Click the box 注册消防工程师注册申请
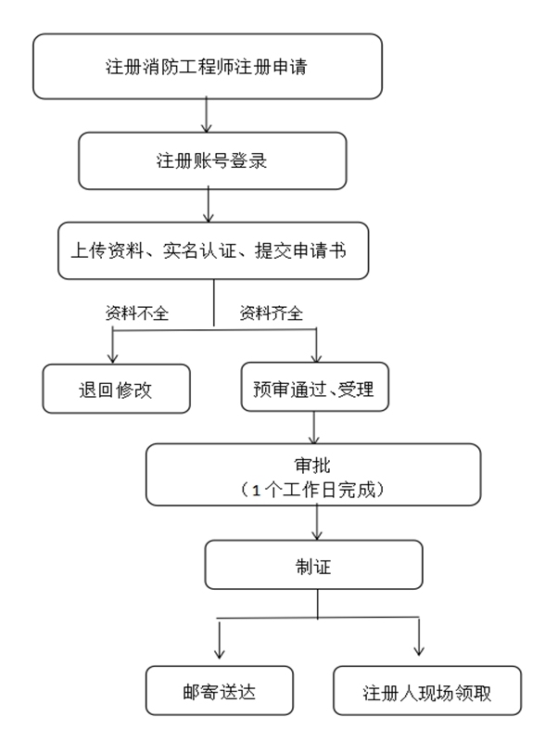pyautogui.click(x=208, y=66)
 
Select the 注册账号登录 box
pyautogui.click(x=212, y=160)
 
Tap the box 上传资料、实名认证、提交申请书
pyautogui.click(x=213, y=250)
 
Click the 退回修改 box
pyautogui.click(x=117, y=389)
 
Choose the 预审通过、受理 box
pyautogui.click(x=314, y=387)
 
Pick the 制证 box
pyautogui.click(x=313, y=565)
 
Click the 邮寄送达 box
pyautogui.click(x=220, y=691)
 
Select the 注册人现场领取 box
pyautogui.click(x=427, y=691)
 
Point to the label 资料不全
pyautogui.click(x=137, y=313)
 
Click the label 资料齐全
pyautogui.click(x=271, y=313)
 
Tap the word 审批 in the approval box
pyautogui.click(x=312, y=466)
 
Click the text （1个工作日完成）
pyautogui.click(x=312, y=490)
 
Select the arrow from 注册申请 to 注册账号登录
pyautogui.click(x=207, y=115)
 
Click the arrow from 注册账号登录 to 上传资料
pyautogui.click(x=209, y=205)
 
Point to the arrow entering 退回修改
pyautogui.click(x=112, y=346)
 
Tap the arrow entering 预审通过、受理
pyautogui.click(x=316, y=345)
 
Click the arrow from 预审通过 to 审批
pyautogui.click(x=314, y=428)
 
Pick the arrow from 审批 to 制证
pyautogui.click(x=317, y=522)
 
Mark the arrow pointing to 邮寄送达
pyautogui.click(x=219, y=639)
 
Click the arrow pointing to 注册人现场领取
pyautogui.click(x=419, y=637)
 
